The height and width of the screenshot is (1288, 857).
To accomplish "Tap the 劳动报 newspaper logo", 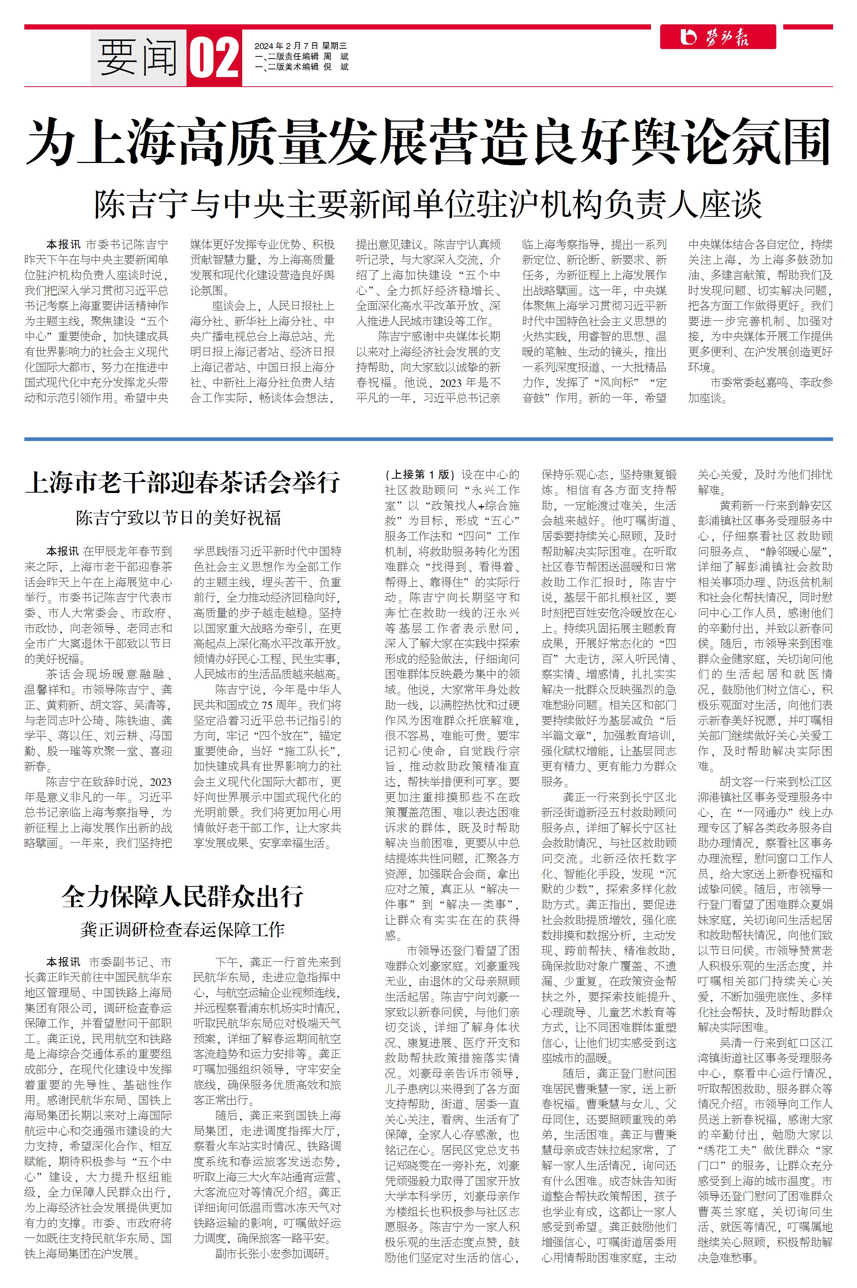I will click(718, 37).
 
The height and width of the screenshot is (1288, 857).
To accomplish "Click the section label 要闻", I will click(138, 57).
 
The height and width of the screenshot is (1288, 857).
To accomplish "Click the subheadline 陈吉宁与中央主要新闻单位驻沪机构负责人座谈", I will click(428, 204).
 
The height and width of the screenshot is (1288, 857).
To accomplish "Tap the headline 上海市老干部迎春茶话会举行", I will click(182, 483).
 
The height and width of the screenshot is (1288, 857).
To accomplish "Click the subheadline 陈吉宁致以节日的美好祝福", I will click(178, 517).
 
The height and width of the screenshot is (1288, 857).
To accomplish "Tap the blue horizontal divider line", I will click(428, 439).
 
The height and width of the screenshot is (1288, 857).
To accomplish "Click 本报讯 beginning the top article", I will click(63, 244).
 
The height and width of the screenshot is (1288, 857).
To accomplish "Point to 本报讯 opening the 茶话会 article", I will click(63, 551).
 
